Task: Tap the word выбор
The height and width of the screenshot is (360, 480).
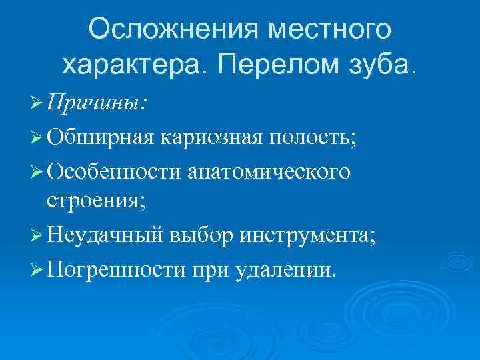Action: pos(203,235)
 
